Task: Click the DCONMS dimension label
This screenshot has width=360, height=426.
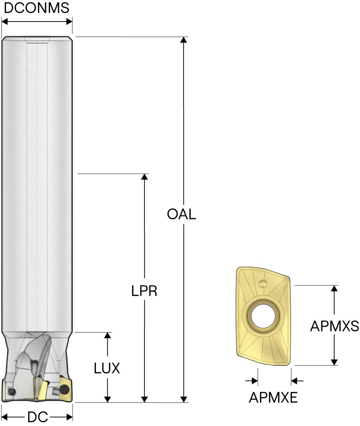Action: pyautogui.click(x=36, y=8)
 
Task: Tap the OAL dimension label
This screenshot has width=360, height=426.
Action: pyautogui.click(x=181, y=214)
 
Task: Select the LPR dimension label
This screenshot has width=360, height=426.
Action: pyautogui.click(x=144, y=291)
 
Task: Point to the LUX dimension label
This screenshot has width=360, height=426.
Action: pyautogui.click(x=107, y=368)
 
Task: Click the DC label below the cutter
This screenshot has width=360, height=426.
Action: pyautogui.click(x=38, y=417)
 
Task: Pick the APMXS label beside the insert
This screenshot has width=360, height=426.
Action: pyautogui.click(x=334, y=326)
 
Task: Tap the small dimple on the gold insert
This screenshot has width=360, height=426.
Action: pyautogui.click(x=263, y=284)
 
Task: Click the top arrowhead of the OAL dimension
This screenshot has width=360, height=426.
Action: pyautogui.click(x=184, y=40)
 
